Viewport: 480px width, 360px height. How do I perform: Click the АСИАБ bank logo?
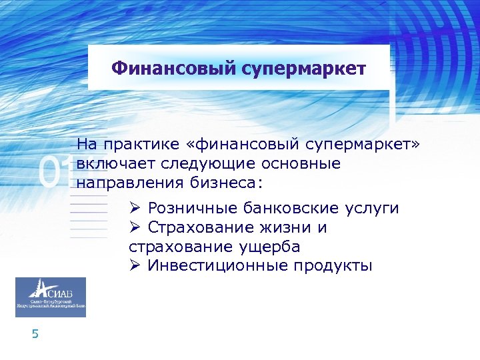tap(51, 297)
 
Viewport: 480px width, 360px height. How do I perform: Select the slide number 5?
tap(35, 334)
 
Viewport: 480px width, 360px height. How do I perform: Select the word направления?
tap(125, 182)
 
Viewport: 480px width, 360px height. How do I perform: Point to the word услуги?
tap(373, 209)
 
